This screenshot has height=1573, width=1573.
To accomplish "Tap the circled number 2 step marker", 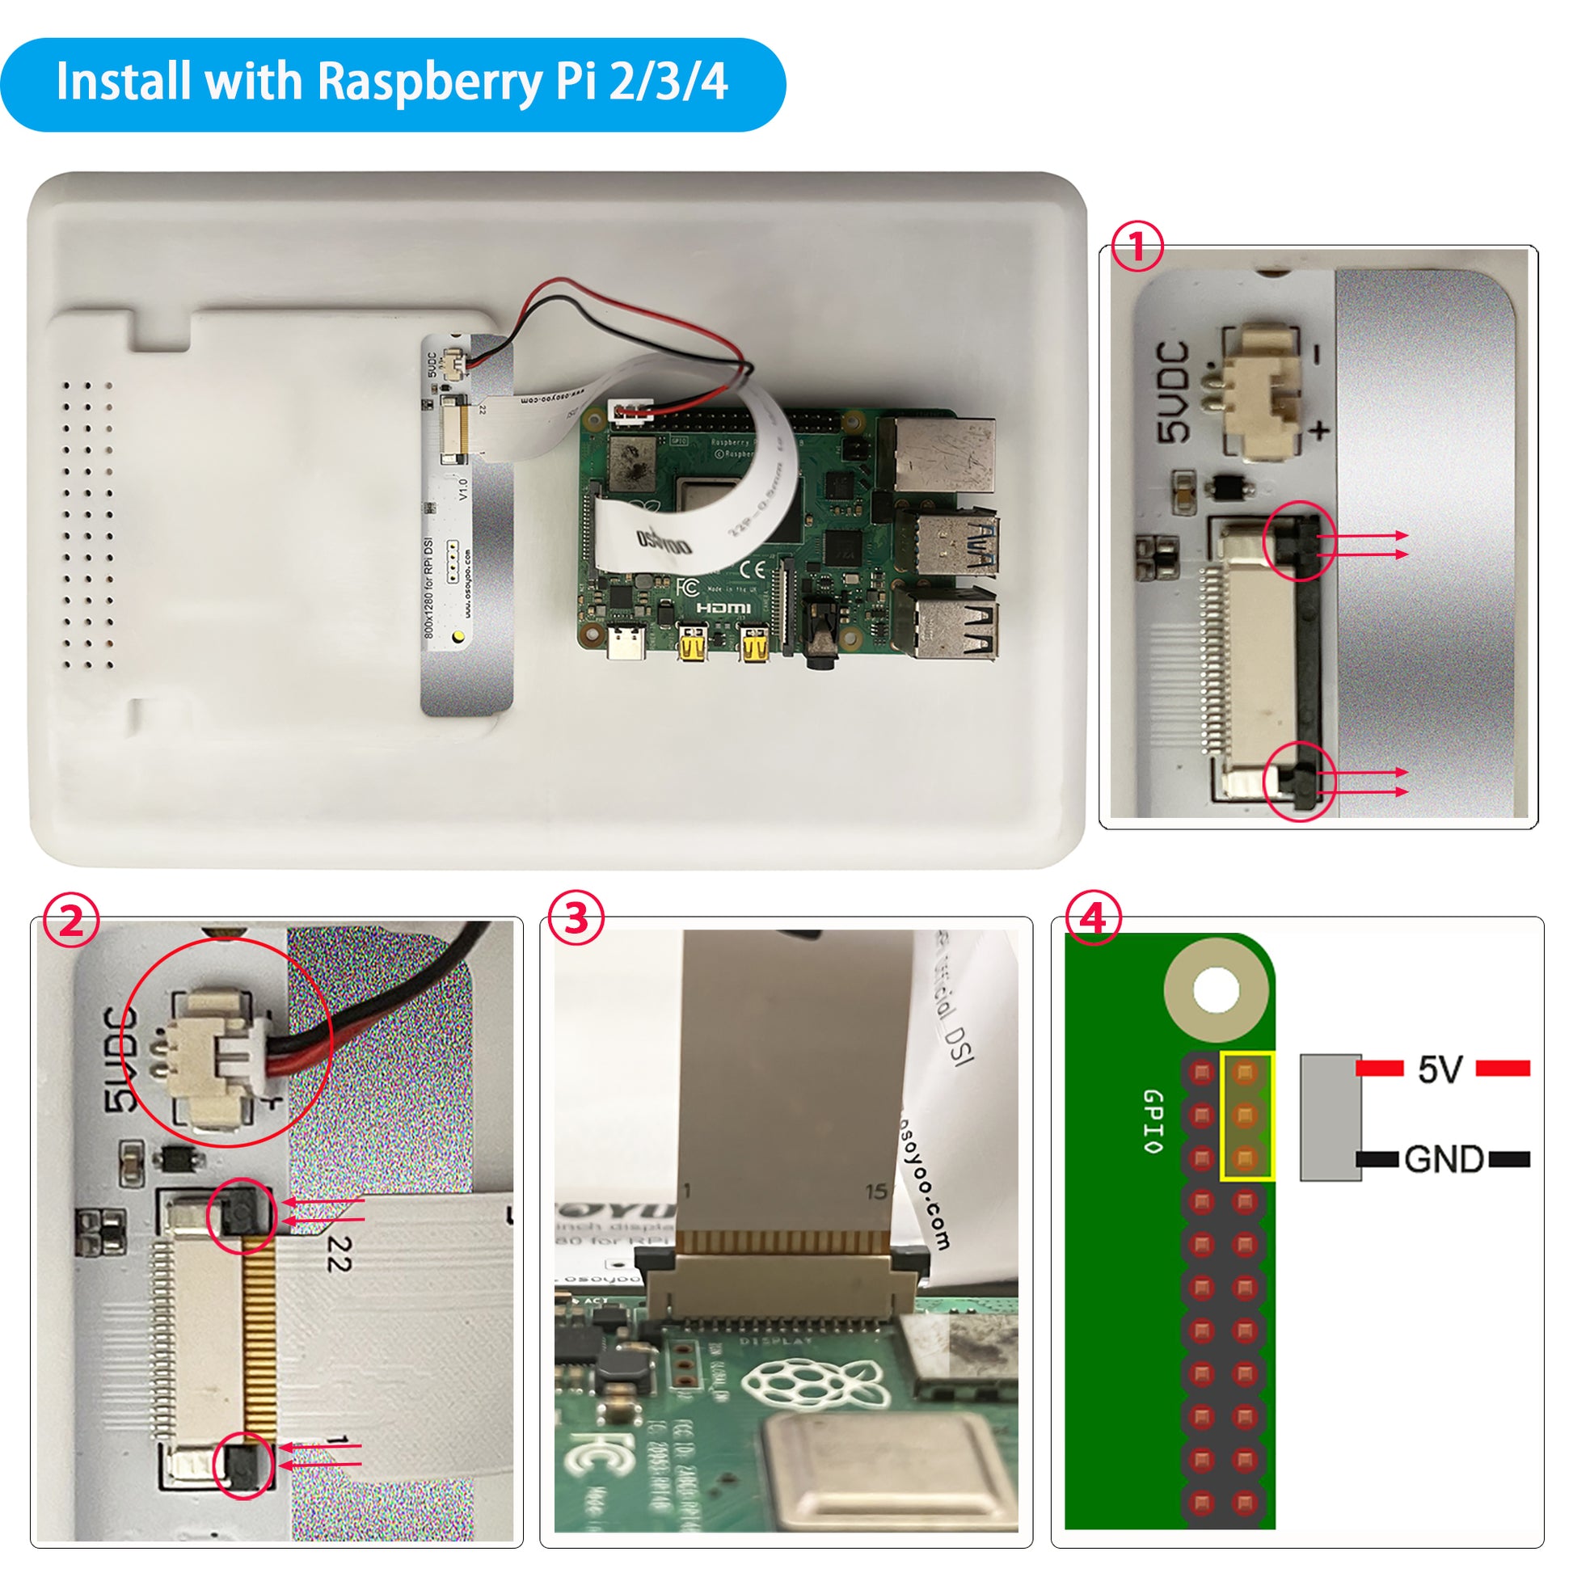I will [72, 920].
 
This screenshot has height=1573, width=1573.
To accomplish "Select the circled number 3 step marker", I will [576, 918].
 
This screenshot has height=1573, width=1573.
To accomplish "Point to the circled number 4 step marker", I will [1093, 918].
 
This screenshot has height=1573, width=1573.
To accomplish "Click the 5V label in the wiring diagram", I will [1440, 1069].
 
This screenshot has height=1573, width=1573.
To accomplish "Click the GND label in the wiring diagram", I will [1444, 1159].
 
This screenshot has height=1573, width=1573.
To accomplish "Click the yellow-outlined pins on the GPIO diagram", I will [1246, 1115].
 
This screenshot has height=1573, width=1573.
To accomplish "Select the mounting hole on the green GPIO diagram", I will [1216, 991].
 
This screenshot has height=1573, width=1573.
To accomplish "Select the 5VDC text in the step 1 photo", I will [1174, 392].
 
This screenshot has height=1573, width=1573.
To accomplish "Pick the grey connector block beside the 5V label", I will [1330, 1117].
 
